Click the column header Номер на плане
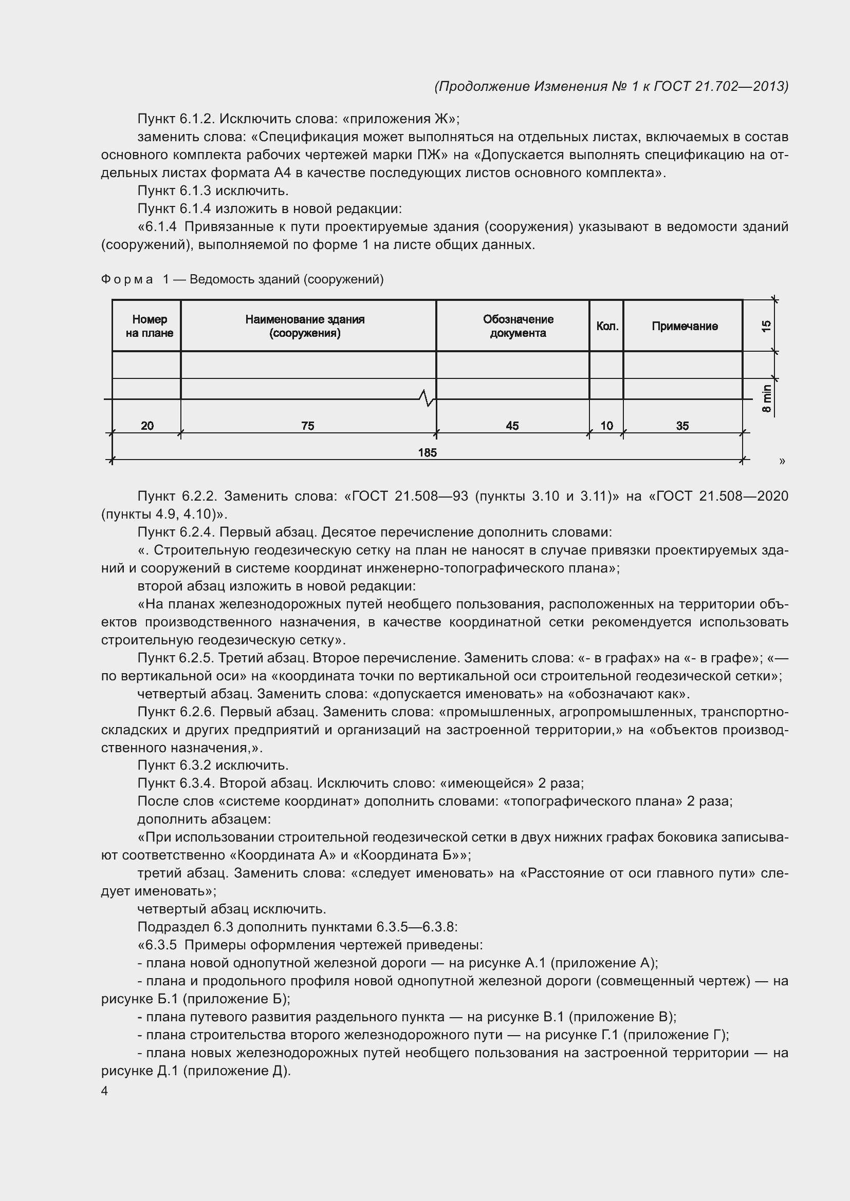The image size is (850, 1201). [x=149, y=326]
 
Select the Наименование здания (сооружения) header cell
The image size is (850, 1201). [x=305, y=326]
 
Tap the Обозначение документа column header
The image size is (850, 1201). [x=518, y=326]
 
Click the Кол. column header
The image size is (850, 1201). [x=607, y=327]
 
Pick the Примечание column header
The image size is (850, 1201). [x=685, y=327]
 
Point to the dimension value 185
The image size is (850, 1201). [x=427, y=452]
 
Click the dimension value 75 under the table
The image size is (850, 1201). [x=308, y=426]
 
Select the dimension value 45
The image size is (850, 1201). [x=512, y=426]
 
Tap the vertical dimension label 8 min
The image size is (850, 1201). [x=767, y=398]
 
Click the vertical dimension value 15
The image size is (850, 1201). [x=767, y=326]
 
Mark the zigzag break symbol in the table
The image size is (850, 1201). [x=427, y=398]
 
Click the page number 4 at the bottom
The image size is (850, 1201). [x=105, y=1091]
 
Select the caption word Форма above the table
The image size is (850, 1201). [x=127, y=279]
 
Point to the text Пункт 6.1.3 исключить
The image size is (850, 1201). [x=213, y=191]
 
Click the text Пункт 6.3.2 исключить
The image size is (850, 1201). [x=213, y=766]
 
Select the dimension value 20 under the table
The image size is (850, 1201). [x=147, y=426]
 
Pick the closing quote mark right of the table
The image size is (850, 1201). [x=782, y=461]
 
